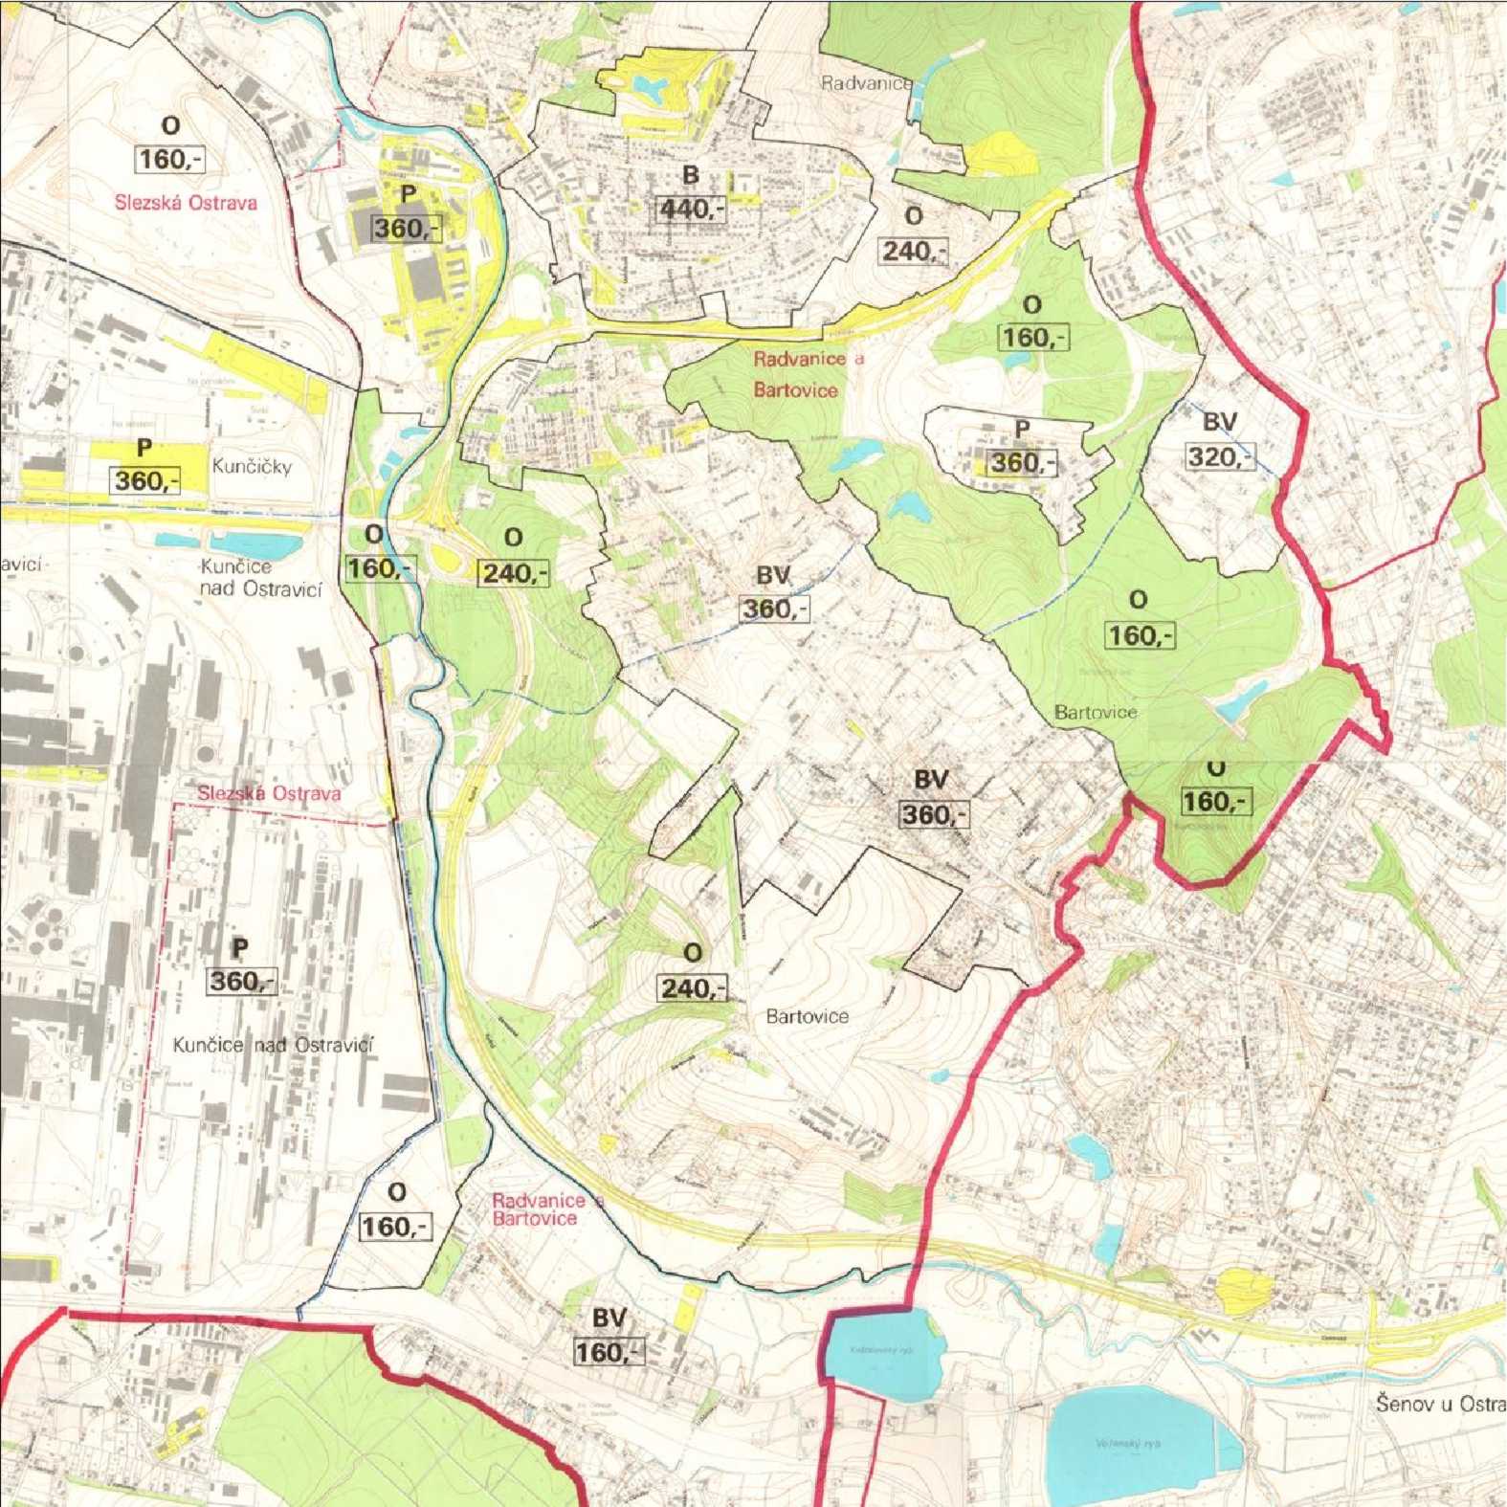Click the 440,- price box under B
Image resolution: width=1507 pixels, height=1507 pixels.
pos(689,209)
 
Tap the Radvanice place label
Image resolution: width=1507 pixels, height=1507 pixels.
pos(866,83)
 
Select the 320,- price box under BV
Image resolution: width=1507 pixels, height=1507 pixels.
pos(1219,456)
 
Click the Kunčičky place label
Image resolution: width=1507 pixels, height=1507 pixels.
pos(252,467)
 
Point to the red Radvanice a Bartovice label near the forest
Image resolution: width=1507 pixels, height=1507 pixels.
pos(807,374)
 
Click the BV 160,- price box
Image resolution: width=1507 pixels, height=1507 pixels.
pos(609,1352)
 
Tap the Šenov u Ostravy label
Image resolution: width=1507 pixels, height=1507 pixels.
pos(1440,1405)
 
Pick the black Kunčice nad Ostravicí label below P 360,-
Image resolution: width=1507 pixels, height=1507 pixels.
pos(274,1045)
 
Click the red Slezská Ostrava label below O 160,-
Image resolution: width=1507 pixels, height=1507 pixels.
pos(186,203)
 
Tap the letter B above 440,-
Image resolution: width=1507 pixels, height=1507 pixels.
pos(690,175)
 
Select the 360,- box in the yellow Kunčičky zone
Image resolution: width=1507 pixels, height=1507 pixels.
pos(145,480)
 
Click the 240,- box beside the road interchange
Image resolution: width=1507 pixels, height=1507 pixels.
pos(513,573)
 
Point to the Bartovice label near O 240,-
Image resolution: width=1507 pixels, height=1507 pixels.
pos(807,1016)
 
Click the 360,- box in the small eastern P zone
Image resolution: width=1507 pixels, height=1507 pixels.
pos(1022,463)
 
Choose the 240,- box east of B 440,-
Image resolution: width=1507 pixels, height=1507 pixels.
pos(914,252)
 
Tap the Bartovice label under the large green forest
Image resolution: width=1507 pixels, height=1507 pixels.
pos(1096,712)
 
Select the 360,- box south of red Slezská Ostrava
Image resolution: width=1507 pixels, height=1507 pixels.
pos(241,981)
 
